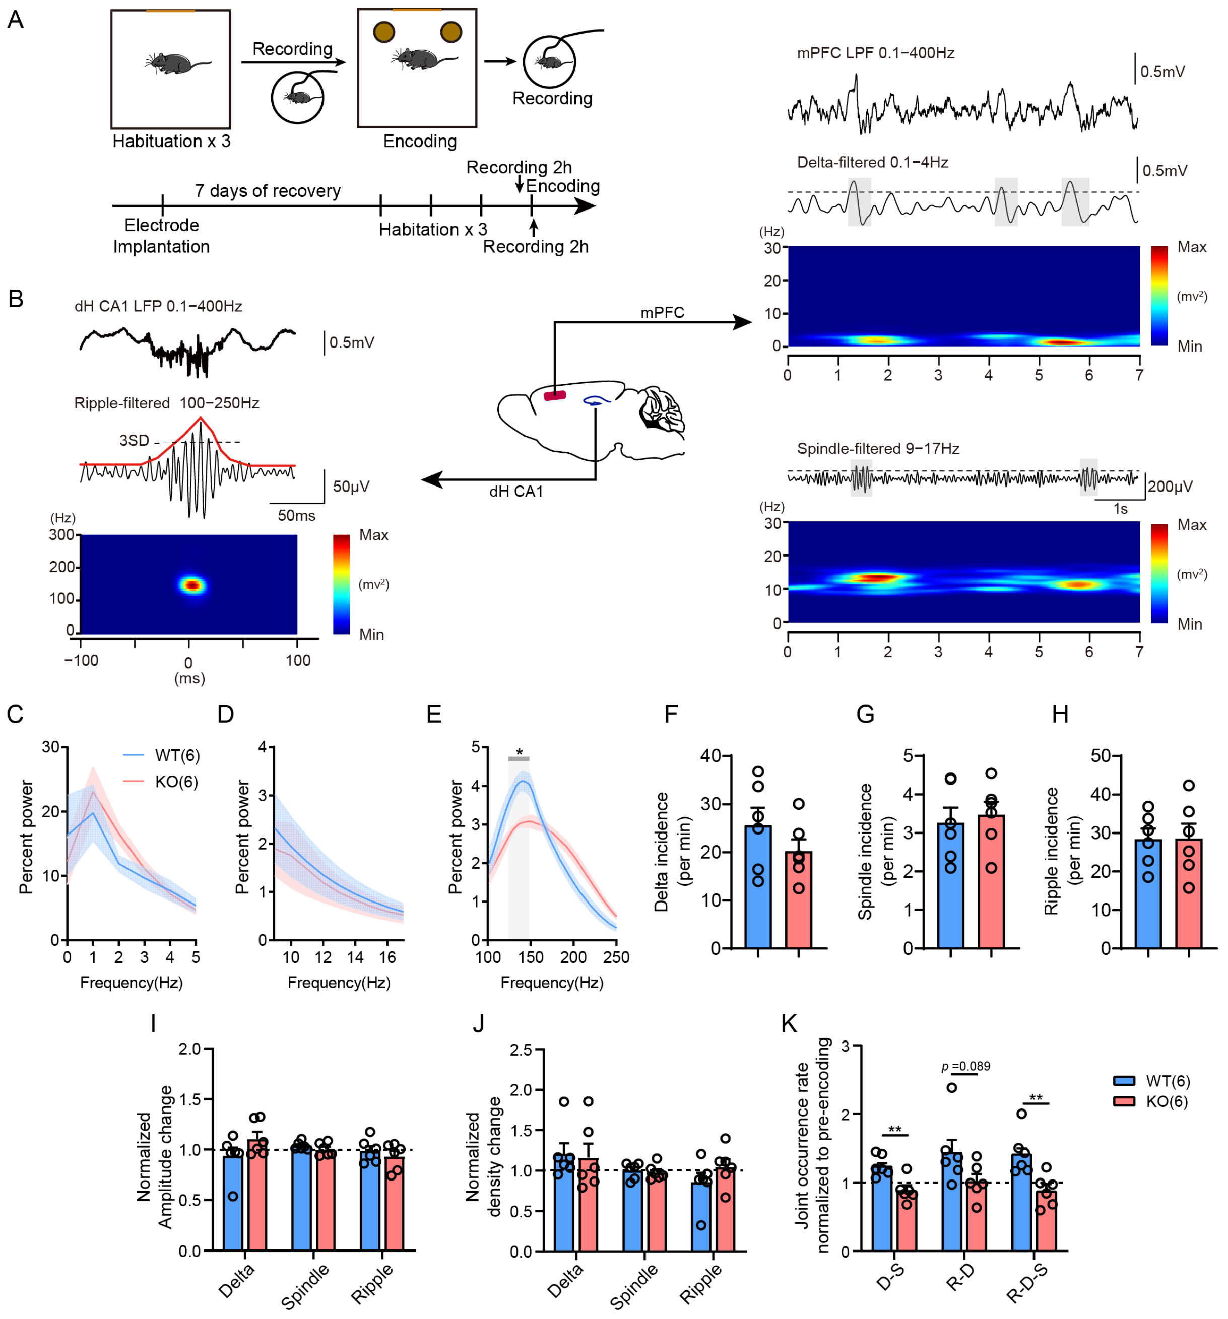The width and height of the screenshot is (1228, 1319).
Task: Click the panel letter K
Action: [788, 1024]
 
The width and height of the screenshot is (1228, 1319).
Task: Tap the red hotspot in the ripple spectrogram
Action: [192, 585]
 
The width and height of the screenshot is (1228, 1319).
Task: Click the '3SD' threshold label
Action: [134, 440]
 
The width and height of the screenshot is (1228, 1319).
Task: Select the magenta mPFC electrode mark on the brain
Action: [554, 395]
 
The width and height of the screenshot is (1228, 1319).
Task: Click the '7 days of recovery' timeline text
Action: [268, 191]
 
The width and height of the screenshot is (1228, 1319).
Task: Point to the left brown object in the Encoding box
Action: [383, 32]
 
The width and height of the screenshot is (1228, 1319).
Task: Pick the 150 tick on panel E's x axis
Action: [531, 957]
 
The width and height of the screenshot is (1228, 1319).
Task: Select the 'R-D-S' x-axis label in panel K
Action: [1026, 1283]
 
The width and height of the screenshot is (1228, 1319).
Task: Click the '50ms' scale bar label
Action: [296, 516]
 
